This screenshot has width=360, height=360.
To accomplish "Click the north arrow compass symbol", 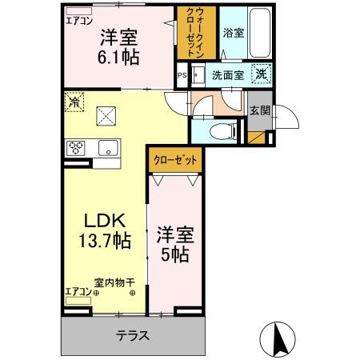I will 280,338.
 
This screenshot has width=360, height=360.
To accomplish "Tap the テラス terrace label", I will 133,335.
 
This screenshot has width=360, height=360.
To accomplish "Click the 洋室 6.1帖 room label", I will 118,46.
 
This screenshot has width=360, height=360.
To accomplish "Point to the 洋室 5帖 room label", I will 174,245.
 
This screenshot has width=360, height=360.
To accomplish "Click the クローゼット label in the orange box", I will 175,159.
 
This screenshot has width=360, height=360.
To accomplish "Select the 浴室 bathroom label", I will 233,33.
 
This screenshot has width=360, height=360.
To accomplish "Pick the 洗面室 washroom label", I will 228,76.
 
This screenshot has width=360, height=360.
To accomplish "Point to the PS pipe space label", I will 181,77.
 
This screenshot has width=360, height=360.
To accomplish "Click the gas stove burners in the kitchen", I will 75,147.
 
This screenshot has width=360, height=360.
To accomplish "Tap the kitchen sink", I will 106,147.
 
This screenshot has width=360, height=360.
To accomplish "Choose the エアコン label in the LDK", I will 78,291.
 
